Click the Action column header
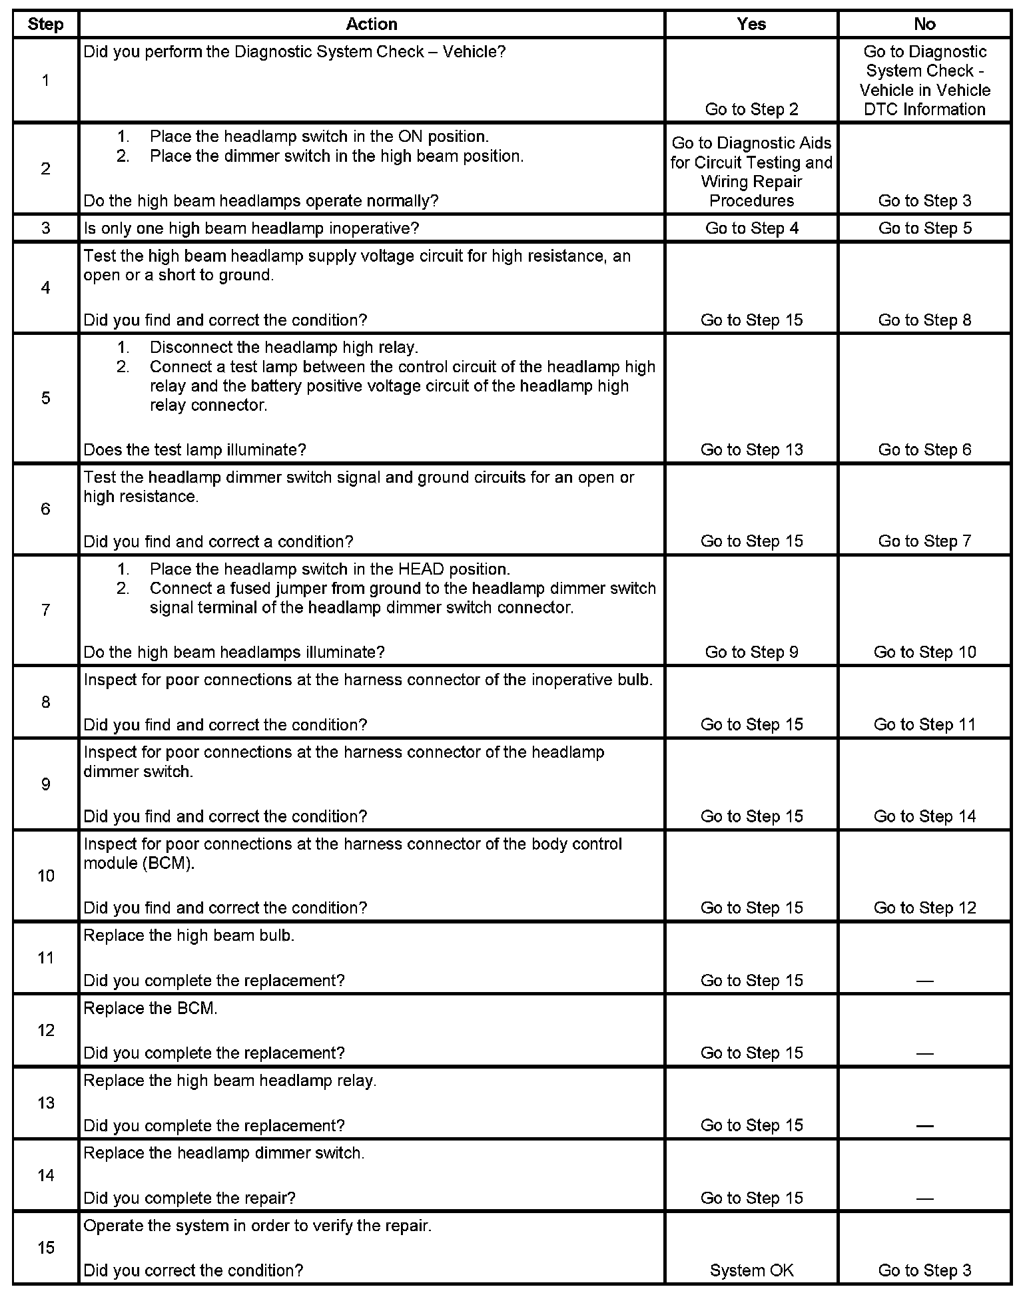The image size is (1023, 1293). pos(372,25)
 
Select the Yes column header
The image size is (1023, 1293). pos(751,25)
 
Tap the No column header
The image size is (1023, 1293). pos(924,25)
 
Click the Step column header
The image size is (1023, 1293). pos(45,25)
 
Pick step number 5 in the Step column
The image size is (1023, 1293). pos(45,398)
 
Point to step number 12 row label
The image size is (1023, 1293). pos(45,1031)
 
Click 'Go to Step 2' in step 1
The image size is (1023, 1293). pos(751,109)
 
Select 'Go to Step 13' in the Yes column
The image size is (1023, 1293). pos(751,450)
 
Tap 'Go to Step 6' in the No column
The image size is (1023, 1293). pos(924,450)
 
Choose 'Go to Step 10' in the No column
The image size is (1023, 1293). pos(924,652)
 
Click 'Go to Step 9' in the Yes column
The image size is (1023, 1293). pos(751,652)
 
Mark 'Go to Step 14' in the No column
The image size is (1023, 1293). pos(924,816)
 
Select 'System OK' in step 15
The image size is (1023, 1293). pos(751,1270)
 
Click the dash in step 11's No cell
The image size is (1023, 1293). pos(924,981)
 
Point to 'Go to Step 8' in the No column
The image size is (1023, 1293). pos(924,320)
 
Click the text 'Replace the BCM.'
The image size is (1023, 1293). pos(151,1008)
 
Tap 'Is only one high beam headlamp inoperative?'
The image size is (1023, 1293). pos(251,228)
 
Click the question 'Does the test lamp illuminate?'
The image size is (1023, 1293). pos(194,450)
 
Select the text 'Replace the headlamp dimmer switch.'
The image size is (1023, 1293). pos(224,1153)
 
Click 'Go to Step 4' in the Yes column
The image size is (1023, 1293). pos(751,228)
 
